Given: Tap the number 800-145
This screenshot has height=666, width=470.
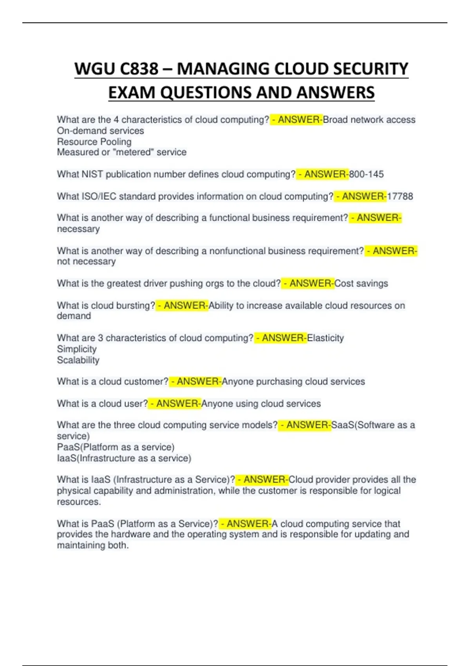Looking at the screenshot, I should pos(366,174).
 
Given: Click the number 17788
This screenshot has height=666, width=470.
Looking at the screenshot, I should pos(400,196).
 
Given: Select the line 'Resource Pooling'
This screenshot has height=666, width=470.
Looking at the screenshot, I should pos(94,142).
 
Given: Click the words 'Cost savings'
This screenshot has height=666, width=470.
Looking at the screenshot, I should pos(361,284).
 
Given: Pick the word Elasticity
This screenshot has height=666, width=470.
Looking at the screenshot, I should pos(325,338).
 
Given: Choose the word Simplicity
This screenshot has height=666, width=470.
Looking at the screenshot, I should pos(77,349).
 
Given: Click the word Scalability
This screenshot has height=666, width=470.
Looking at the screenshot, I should pos(78,360).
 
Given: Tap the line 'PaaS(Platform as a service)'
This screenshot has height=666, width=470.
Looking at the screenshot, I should pos(116,447).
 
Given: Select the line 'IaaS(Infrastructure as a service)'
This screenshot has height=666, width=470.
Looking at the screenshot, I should pos(124,458).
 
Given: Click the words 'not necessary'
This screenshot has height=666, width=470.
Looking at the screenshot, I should pos(86,262).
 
